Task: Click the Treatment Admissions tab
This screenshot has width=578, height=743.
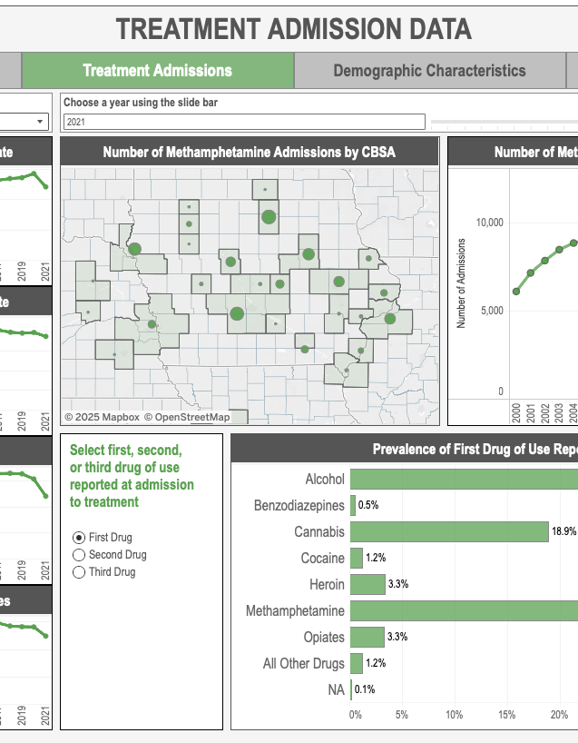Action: (157, 71)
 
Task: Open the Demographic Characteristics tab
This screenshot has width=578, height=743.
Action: (428, 71)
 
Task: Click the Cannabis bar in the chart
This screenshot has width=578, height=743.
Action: (449, 531)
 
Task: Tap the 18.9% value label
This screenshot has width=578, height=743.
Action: (563, 532)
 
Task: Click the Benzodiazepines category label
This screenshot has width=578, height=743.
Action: (299, 505)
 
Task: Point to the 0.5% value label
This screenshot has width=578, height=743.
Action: (368, 505)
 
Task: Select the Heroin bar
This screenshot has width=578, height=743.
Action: (367, 584)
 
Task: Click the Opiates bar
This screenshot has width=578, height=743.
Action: (367, 637)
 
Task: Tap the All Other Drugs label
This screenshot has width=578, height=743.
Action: (304, 664)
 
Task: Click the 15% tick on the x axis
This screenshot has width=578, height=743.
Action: (506, 714)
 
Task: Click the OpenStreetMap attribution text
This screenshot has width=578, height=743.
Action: (192, 417)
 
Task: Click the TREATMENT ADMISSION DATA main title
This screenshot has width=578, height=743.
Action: (294, 29)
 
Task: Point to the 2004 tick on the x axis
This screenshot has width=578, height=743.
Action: (574, 411)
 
